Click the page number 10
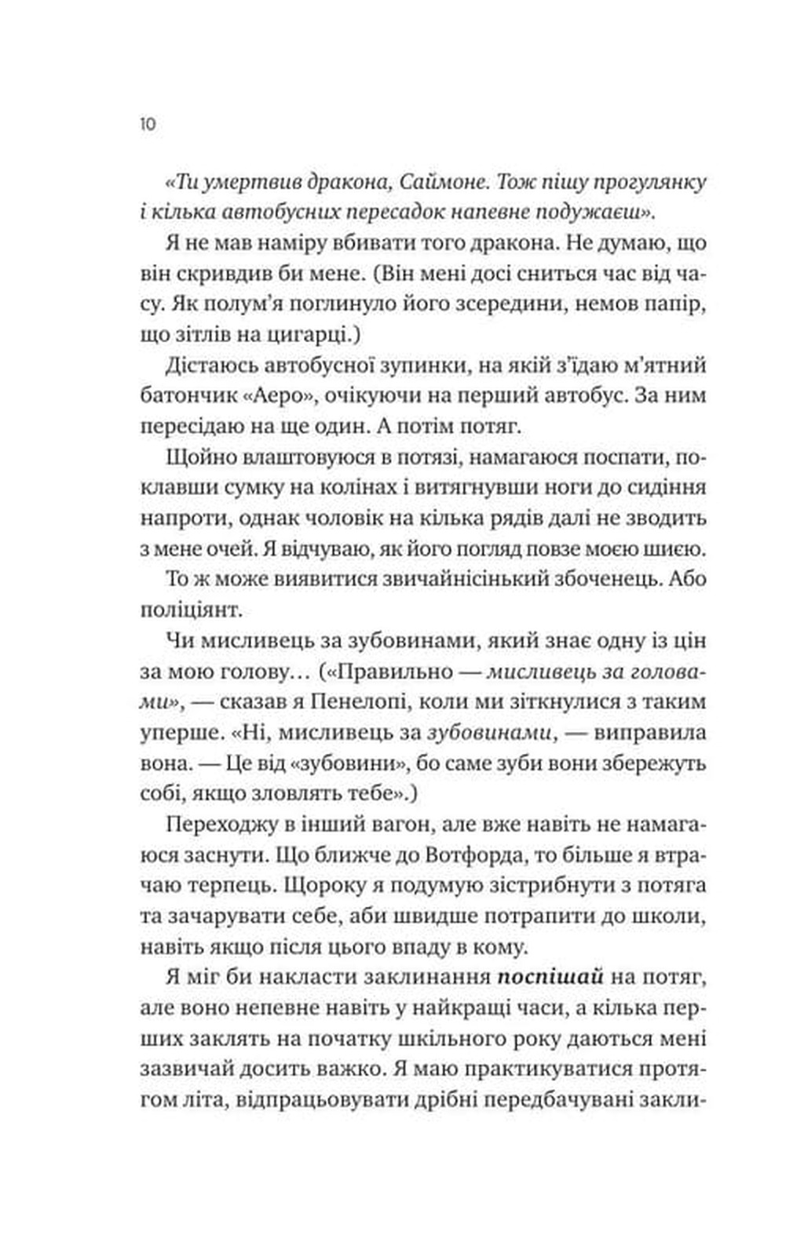tap(148, 124)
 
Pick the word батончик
tap(185, 395)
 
